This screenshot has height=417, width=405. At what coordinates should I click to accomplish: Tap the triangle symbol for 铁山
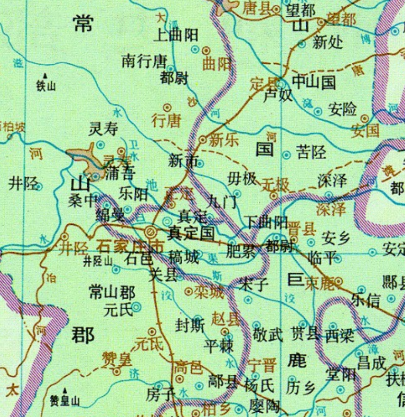(46, 76)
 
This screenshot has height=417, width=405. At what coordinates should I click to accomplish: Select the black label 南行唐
(144, 61)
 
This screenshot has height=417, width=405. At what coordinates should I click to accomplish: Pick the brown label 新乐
(224, 140)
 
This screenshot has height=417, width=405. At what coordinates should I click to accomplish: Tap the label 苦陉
(312, 152)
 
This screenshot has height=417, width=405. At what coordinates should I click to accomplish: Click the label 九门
(223, 201)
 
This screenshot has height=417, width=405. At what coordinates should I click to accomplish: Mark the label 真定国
(191, 233)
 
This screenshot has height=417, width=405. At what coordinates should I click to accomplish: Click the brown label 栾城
(210, 292)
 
